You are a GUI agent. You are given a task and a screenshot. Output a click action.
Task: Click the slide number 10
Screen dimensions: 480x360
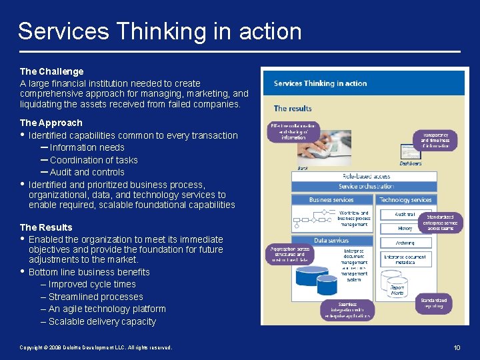coord(457,347)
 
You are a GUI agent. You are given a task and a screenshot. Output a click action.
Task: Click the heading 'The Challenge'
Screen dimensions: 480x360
coord(52,71)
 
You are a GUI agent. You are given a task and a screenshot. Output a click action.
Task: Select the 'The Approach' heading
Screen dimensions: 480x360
coord(51,123)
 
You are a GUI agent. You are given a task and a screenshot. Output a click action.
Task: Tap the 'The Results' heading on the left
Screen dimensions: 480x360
coord(46,227)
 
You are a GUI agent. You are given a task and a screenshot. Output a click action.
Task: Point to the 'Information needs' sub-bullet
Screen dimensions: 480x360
coord(87,147)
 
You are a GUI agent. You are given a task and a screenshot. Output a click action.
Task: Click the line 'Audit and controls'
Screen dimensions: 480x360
coord(87,172)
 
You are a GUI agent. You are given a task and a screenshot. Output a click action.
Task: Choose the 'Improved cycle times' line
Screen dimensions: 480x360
coord(92,284)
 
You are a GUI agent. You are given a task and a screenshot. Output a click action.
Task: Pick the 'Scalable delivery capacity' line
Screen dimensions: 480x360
coord(102,321)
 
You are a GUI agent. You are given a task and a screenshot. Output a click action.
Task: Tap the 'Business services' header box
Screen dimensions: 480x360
coord(331,200)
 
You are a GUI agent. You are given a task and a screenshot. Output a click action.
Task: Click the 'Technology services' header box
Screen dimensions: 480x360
coord(405,200)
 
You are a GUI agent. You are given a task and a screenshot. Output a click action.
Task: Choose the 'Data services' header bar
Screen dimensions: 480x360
coord(331,240)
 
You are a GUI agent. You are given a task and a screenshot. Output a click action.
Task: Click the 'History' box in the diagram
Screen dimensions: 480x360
coord(405,228)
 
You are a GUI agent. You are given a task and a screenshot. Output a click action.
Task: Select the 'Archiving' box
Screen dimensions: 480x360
coord(405,243)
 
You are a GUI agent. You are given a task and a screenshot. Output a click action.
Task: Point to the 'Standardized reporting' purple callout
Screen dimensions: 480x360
coord(434,304)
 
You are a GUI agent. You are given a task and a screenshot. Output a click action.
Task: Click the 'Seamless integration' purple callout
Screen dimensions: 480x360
coord(346,309)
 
